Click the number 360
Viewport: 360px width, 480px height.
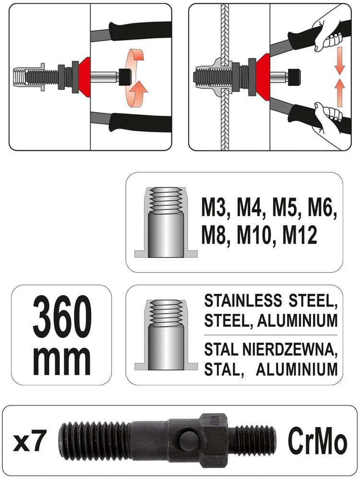62,317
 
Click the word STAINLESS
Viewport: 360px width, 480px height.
243,300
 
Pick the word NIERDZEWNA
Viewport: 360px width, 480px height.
289,350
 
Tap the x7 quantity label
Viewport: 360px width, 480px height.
30,442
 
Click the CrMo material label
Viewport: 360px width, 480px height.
317,441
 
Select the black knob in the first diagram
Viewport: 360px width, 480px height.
124,76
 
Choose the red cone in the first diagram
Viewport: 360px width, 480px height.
84,77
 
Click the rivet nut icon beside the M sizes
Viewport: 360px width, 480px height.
166,222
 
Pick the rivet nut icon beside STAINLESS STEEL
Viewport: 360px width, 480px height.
166,335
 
